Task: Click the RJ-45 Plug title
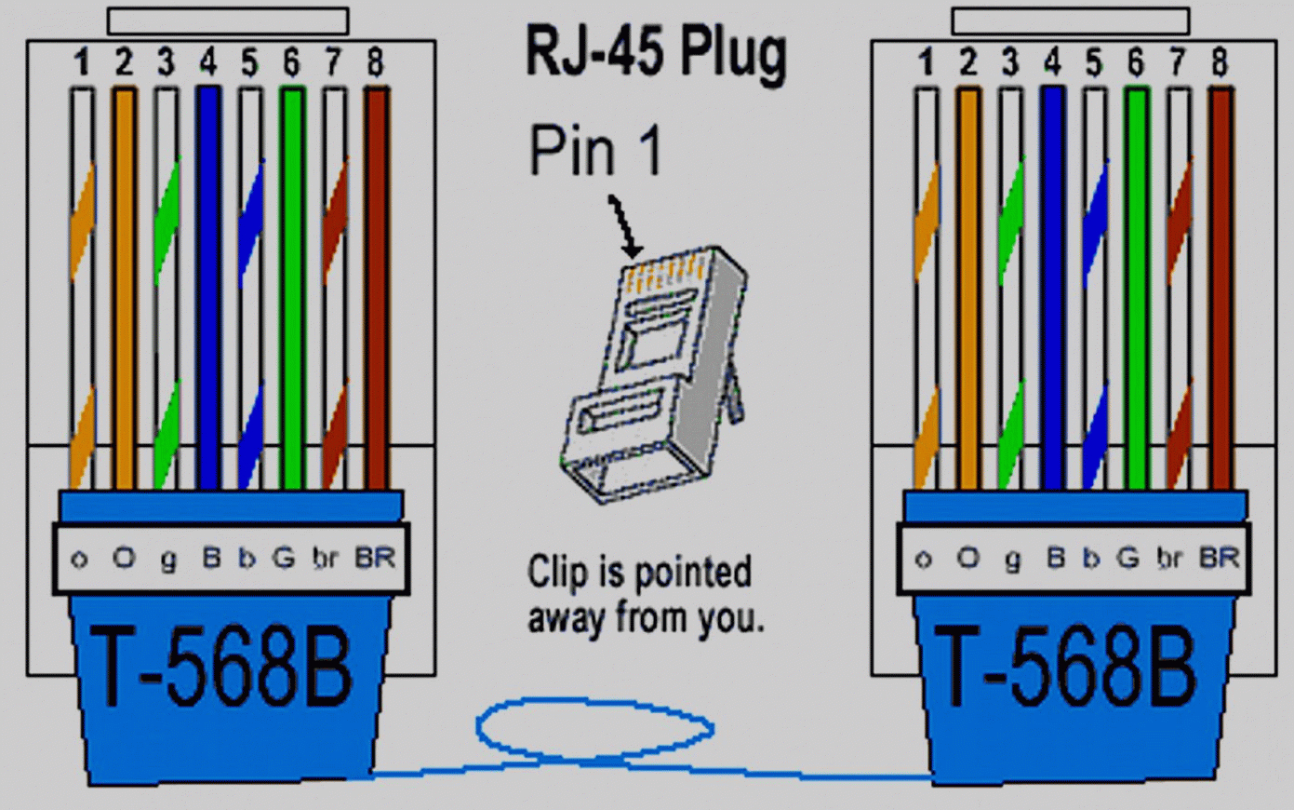[x=656, y=52]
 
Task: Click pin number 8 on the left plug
[x=375, y=63]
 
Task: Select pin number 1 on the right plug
[x=926, y=63]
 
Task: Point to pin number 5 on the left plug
[x=249, y=63]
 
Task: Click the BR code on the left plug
[x=375, y=558]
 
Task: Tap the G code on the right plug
[x=1127, y=558]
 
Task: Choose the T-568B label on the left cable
[x=223, y=667]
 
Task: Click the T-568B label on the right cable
[x=1066, y=667]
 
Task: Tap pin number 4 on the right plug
[x=1052, y=63]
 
